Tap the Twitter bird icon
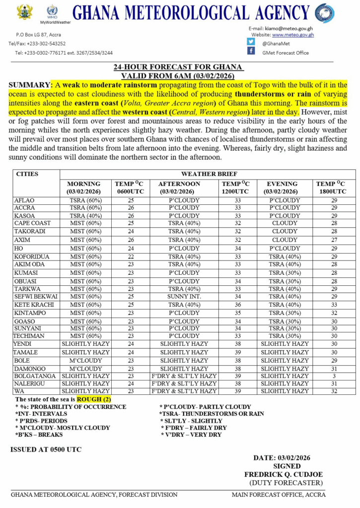click(x=251, y=43)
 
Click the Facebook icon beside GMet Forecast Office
click(x=251, y=52)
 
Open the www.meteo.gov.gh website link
click(x=292, y=35)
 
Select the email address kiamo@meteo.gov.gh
click(x=289, y=28)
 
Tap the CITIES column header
click(x=27, y=174)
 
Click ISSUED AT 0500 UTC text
click(x=46, y=449)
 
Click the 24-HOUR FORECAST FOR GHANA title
click(x=178, y=67)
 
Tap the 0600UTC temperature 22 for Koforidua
click(x=131, y=256)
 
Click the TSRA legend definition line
click(x=212, y=414)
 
